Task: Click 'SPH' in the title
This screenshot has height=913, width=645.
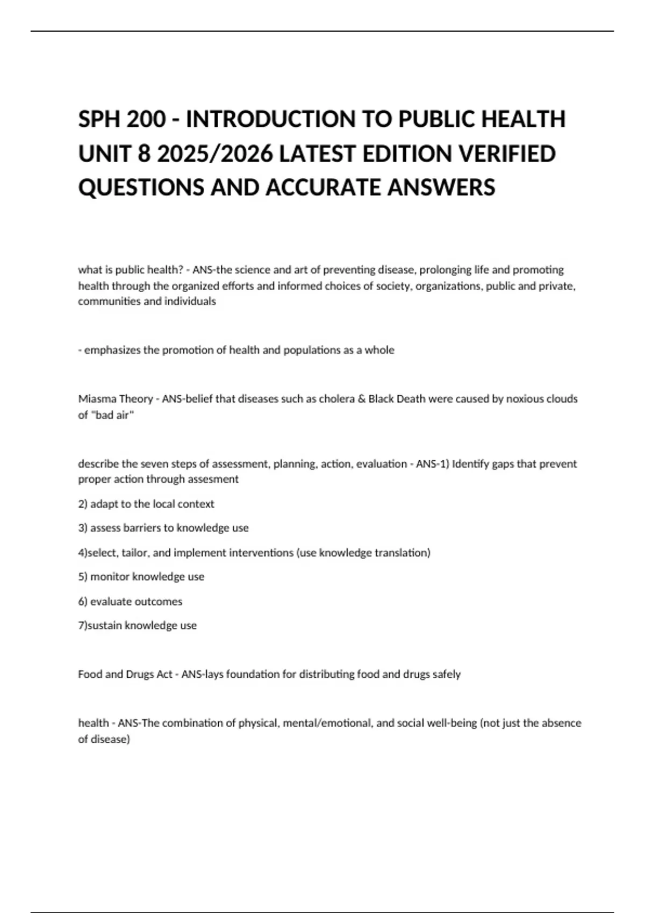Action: (x=99, y=119)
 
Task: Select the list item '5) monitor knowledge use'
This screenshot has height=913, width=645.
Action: (x=141, y=576)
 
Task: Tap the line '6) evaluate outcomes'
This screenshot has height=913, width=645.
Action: (x=131, y=602)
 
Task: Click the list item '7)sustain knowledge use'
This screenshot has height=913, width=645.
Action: (x=138, y=625)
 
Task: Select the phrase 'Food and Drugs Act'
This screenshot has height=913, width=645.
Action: (x=125, y=674)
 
